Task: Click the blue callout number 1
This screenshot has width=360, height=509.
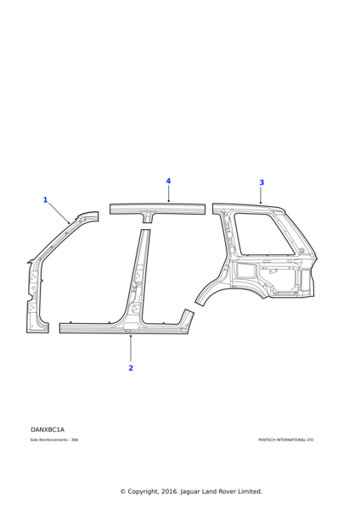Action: point(45,200)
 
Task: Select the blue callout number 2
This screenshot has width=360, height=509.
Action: point(131,368)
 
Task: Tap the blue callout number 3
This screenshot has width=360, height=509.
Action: point(262,182)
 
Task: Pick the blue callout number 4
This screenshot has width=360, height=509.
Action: point(168,181)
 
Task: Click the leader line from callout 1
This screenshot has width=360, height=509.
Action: point(59,213)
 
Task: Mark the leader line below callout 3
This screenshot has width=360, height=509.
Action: point(262,195)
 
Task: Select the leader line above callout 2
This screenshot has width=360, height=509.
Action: point(131,348)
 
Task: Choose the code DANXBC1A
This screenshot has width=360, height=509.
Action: point(48,430)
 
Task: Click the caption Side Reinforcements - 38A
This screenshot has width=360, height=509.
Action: point(54,440)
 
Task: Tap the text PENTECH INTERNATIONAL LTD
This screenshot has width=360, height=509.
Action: point(285,440)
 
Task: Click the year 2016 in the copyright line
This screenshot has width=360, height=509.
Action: point(164,491)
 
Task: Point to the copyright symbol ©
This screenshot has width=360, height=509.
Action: point(123,491)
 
